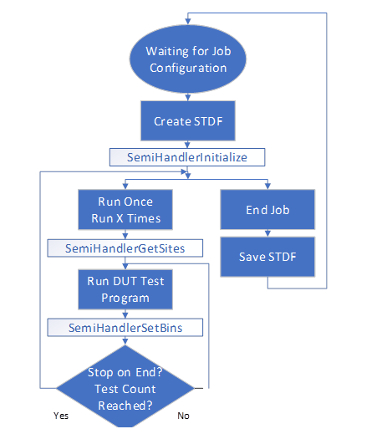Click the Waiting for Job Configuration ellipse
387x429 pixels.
click(189, 59)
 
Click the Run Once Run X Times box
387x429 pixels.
click(125, 211)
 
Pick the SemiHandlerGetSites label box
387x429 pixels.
click(125, 248)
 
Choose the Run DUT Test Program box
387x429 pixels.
click(125, 289)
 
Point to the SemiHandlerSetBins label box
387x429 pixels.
click(125, 328)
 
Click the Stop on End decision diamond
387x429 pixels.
click(125, 386)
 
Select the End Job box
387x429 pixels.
click(267, 210)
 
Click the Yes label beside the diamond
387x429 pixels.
click(61, 415)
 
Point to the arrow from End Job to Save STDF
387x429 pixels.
click(267, 233)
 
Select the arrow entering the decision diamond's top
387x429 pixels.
click(125, 344)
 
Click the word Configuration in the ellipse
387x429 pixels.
click(189, 68)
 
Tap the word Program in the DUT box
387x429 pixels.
click(125, 298)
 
